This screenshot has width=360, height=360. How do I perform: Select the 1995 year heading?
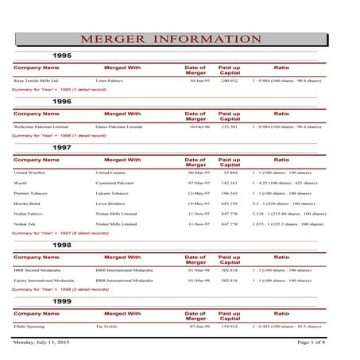(x=62, y=56)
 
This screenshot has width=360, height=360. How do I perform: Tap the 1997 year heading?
(x=62, y=148)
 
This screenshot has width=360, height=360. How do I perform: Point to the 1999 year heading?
(x=62, y=302)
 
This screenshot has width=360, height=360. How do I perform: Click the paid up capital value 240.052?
(x=230, y=81)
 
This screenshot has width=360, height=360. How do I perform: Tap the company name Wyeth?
(x=21, y=182)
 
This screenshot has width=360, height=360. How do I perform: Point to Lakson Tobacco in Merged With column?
(x=114, y=193)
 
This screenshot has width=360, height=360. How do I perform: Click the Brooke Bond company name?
(x=29, y=203)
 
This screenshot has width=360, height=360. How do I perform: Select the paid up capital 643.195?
(x=230, y=203)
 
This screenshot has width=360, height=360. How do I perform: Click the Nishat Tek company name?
(x=25, y=225)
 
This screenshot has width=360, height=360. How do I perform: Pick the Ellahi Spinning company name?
(x=31, y=326)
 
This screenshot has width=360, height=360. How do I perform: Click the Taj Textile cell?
(x=107, y=326)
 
